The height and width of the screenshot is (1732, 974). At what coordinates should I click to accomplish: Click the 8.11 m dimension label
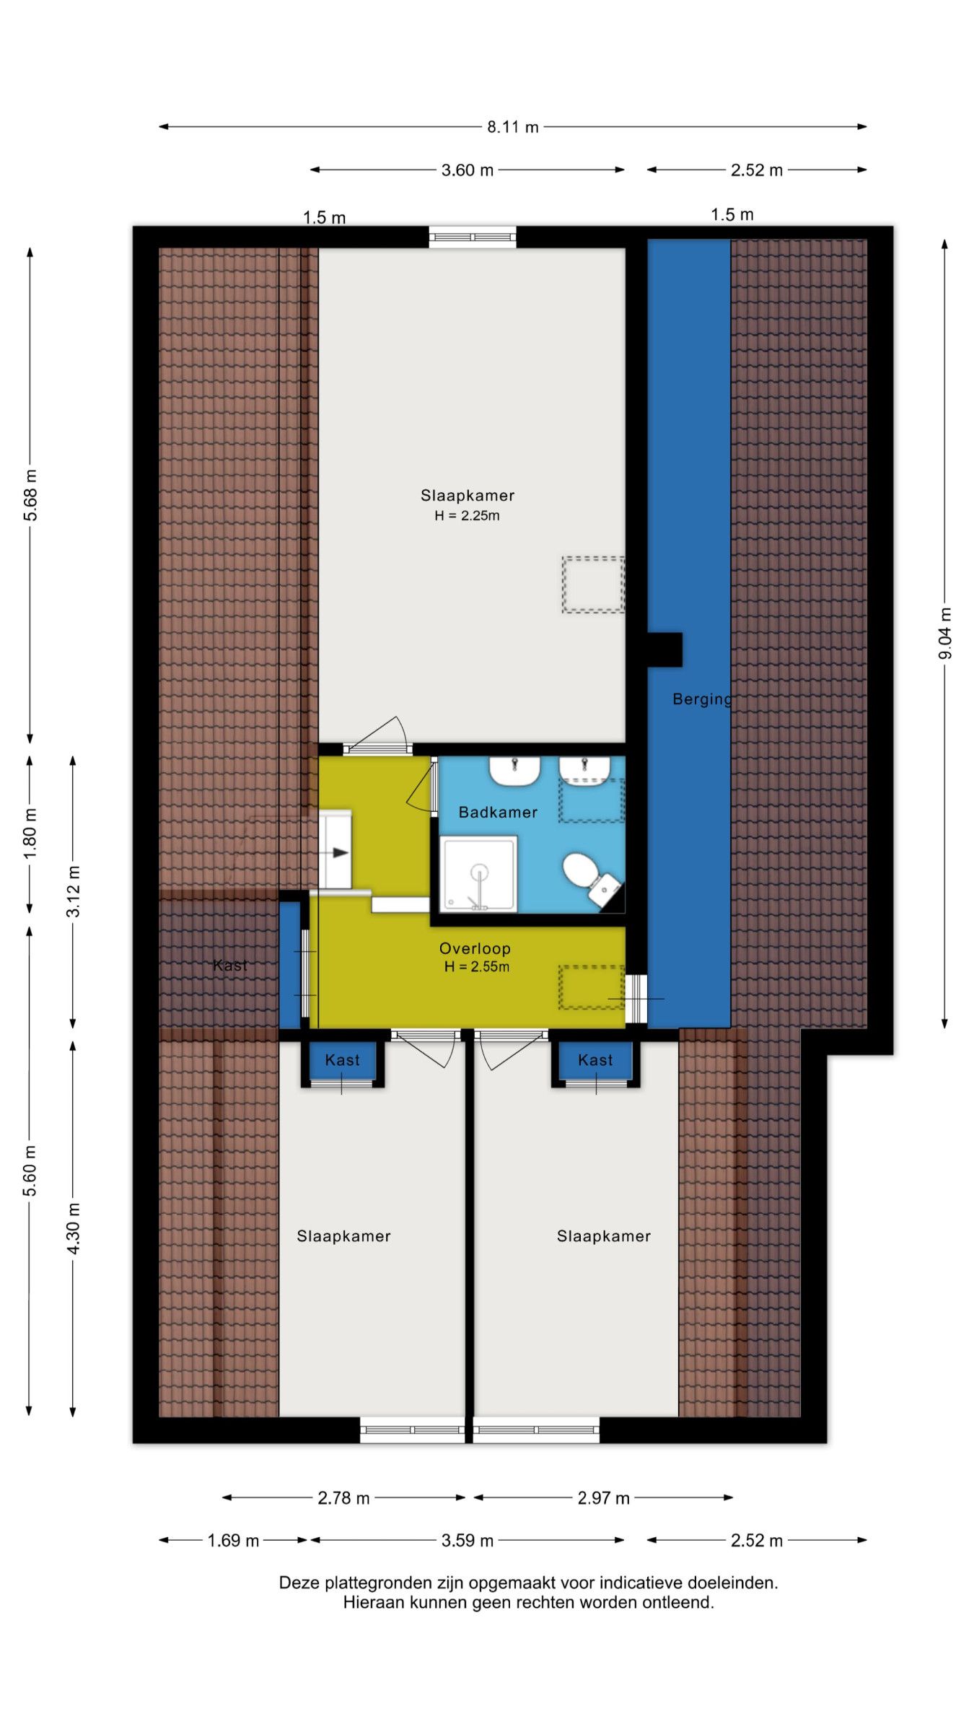pyautogui.click(x=512, y=127)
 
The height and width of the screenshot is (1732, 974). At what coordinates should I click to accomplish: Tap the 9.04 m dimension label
pyautogui.click(x=945, y=634)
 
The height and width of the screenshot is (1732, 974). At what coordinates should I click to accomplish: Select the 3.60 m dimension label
pyautogui.click(x=468, y=170)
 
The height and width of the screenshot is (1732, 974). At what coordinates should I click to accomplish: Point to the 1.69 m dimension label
pyautogui.click(x=233, y=1541)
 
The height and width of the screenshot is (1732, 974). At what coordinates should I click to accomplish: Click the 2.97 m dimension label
pyautogui.click(x=603, y=1498)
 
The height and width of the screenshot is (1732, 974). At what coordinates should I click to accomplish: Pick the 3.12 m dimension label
pyautogui.click(x=74, y=891)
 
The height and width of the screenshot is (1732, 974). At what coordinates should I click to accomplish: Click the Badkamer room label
pyautogui.click(x=498, y=813)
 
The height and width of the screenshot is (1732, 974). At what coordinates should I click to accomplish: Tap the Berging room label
pyautogui.click(x=702, y=699)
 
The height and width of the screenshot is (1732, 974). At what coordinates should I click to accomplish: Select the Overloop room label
pyautogui.click(x=475, y=949)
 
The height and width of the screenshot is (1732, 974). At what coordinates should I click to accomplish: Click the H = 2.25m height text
pyautogui.click(x=467, y=515)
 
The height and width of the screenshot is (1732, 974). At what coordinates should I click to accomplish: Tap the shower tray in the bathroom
pyautogui.click(x=478, y=874)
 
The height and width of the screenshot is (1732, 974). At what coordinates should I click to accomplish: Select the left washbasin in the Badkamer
pyautogui.click(x=515, y=771)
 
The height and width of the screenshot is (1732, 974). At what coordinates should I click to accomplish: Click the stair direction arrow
pyautogui.click(x=340, y=852)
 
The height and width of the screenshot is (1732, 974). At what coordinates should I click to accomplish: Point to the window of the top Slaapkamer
pyautogui.click(x=473, y=237)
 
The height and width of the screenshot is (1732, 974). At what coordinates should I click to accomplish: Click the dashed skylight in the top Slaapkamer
pyautogui.click(x=593, y=585)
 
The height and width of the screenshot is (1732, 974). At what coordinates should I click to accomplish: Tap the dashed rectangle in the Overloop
pyautogui.click(x=591, y=987)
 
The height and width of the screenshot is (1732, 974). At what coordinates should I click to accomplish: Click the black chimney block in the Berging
pyautogui.click(x=664, y=649)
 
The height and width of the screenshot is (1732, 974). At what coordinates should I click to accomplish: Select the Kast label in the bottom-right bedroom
pyautogui.click(x=595, y=1060)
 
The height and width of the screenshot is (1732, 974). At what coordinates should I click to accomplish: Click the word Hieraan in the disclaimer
pyautogui.click(x=369, y=1603)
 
